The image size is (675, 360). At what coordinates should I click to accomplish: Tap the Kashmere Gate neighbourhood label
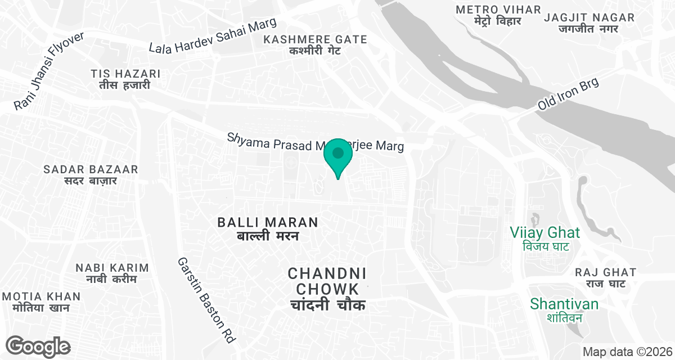tap(315, 45)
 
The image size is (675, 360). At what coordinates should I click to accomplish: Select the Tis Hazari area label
tap(125, 79)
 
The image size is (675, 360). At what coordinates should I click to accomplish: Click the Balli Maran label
tap(268, 228)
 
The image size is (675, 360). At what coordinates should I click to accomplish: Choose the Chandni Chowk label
tap(327, 289)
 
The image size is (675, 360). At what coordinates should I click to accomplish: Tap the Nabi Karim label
tap(112, 273)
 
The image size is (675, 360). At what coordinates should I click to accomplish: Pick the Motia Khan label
tap(41, 302)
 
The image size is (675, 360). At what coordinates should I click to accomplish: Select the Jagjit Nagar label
tap(589, 23)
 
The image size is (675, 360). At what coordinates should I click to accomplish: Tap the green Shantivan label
tap(564, 310)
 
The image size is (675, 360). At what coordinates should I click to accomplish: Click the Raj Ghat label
tap(605, 278)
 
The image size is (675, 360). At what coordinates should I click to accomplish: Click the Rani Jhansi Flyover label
tap(49, 70)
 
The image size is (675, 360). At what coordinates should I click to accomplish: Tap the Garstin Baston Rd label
tap(206, 300)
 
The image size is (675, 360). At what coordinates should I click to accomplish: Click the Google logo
tap(38, 346)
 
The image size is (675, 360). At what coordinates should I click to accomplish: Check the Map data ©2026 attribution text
tap(627, 352)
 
